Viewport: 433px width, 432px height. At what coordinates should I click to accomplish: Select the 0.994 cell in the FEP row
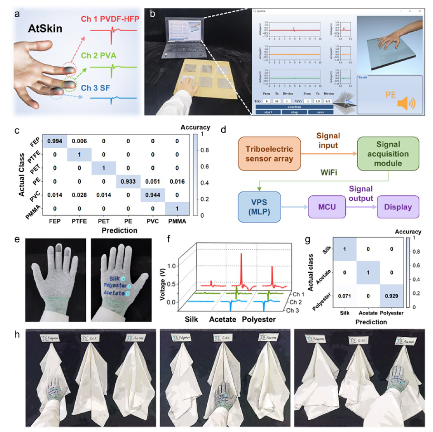pyautogui.click(x=55, y=141)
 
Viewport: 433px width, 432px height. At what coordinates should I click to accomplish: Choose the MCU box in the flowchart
pyautogui.click(x=325, y=207)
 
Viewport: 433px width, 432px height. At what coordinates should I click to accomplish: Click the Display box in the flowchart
pyautogui.click(x=396, y=207)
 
